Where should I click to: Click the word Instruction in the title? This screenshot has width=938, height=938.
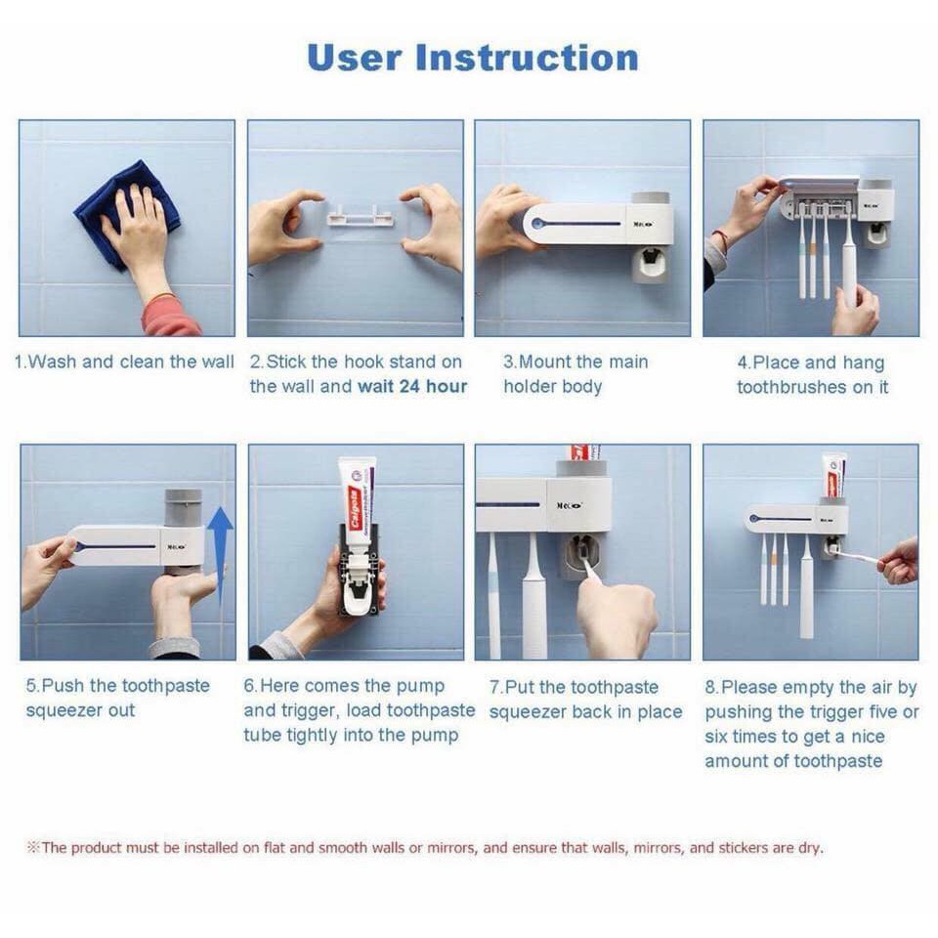point(527,58)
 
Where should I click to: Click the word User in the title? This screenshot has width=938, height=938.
point(354,58)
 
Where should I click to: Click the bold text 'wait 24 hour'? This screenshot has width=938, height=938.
point(412,387)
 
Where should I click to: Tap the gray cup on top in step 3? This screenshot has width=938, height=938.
point(651,198)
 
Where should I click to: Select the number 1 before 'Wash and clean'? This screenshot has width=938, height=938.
point(19,362)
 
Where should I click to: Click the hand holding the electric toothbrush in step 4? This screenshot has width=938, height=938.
point(856,310)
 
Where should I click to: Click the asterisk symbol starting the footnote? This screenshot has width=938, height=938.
point(33,847)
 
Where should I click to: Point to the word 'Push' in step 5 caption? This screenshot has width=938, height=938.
point(64,686)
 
